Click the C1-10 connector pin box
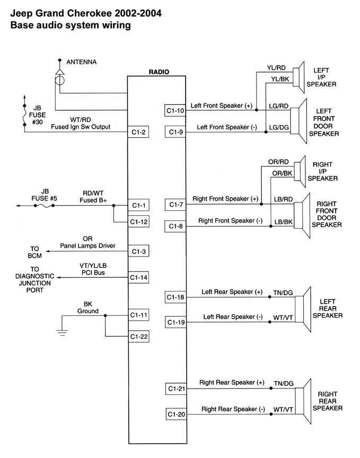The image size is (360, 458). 175,110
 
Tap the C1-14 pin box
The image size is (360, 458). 138,277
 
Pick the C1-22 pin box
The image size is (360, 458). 138,337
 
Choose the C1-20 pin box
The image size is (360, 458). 175,414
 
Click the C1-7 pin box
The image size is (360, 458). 175,204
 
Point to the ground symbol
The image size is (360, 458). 62,332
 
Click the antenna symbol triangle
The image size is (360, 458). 59,71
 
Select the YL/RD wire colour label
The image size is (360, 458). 276,68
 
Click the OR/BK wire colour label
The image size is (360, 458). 282,173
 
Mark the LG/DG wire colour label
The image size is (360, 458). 278,128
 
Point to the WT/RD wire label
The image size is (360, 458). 80,120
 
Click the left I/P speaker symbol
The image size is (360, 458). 300,75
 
